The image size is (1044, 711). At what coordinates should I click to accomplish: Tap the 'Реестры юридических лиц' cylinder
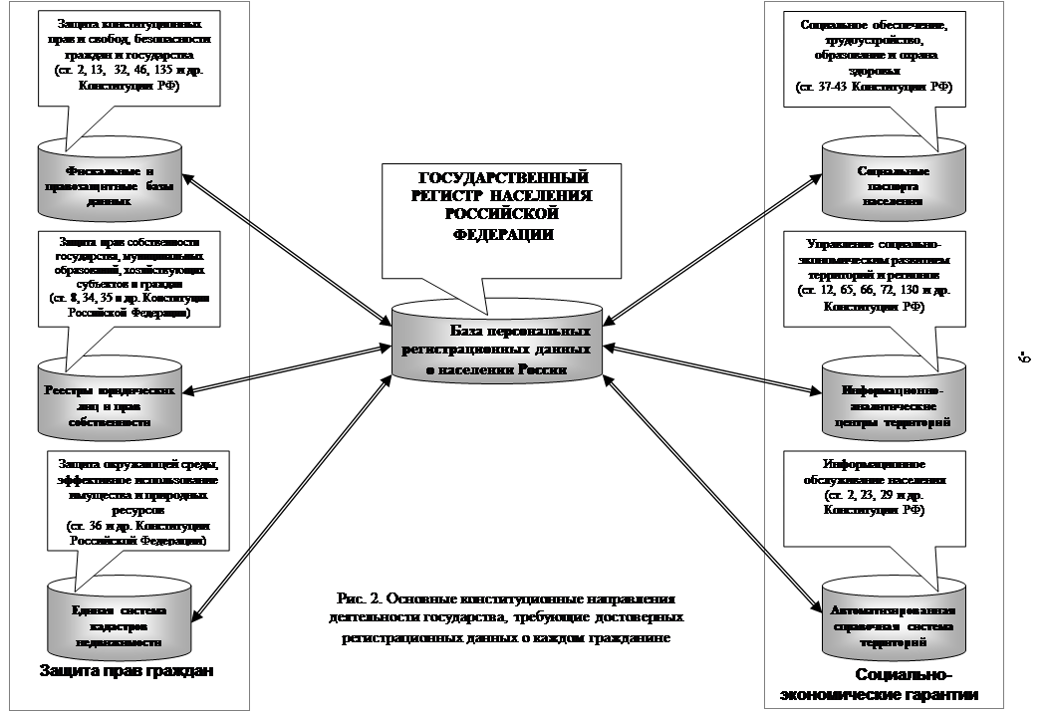tap(110, 398)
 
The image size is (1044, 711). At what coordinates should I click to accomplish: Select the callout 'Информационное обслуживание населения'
tap(875, 488)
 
